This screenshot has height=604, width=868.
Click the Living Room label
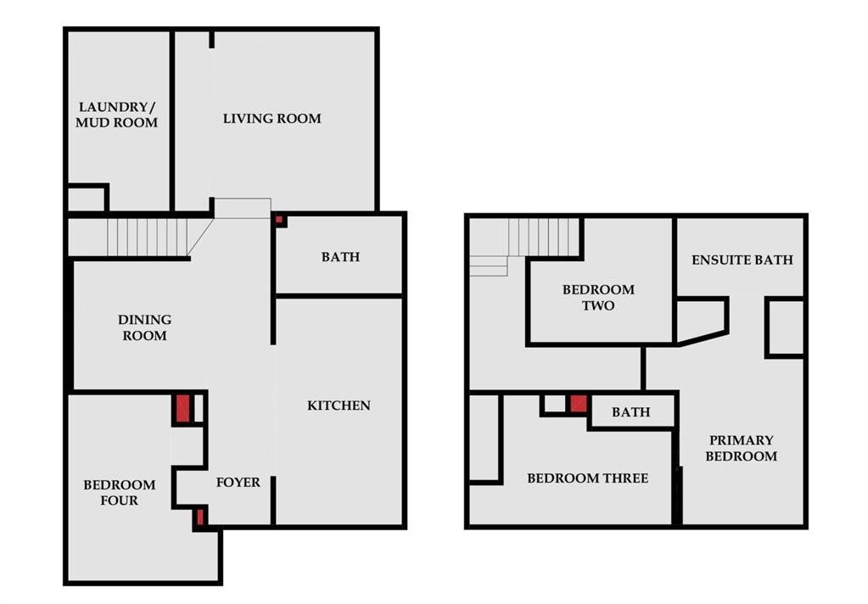click(x=272, y=119)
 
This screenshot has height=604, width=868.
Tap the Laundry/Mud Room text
click(x=117, y=115)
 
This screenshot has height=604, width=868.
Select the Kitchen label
click(x=339, y=405)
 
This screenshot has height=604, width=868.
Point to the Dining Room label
click(x=144, y=327)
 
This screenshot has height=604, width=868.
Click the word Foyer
click(x=238, y=482)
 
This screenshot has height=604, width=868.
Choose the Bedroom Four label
click(x=120, y=493)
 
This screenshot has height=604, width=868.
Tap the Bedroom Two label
click(x=598, y=297)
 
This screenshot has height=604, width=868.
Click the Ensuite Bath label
click(x=742, y=260)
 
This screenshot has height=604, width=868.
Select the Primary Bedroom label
click(x=742, y=448)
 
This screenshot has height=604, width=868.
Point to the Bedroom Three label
click(x=588, y=478)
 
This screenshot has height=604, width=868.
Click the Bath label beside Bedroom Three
click(x=631, y=412)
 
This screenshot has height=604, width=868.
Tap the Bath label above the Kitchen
click(x=340, y=257)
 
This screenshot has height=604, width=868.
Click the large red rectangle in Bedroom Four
click(x=183, y=408)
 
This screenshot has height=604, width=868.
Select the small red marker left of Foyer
click(x=200, y=517)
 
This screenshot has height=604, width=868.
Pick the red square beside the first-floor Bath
click(x=279, y=220)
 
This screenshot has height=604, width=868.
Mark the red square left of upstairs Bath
click(x=579, y=403)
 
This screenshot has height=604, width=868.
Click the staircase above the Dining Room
click(x=148, y=237)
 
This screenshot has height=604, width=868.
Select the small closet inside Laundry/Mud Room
click(x=86, y=199)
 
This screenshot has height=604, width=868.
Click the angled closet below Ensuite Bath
click(x=701, y=320)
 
